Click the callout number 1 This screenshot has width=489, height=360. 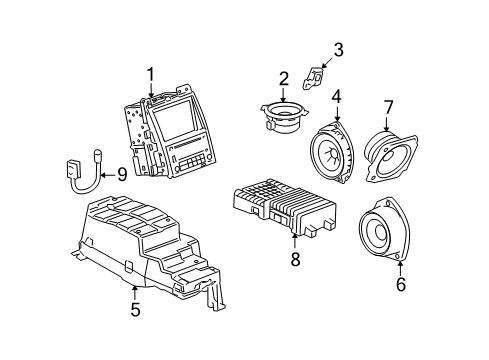(x=152, y=73)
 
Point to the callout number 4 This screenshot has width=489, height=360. (x=336, y=96)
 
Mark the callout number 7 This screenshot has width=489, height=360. (x=388, y=106)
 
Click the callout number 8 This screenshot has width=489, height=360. (x=294, y=258)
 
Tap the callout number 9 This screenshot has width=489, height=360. (x=121, y=174)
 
